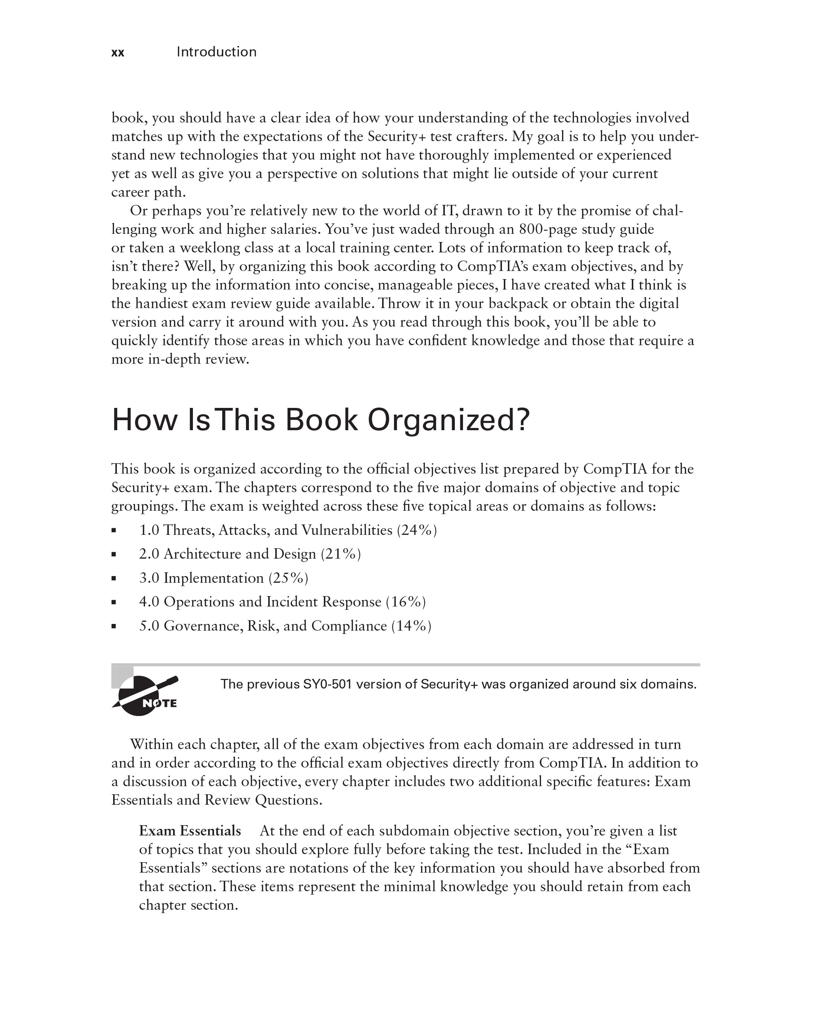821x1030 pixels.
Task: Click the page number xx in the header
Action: point(118,53)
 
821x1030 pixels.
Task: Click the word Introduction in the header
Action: point(216,52)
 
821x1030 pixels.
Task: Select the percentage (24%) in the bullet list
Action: point(417,530)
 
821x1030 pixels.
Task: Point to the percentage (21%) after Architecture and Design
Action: point(341,554)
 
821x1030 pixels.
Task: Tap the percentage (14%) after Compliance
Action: point(411,626)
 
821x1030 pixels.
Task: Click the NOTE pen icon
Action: point(145,695)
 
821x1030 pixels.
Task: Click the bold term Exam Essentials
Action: point(190,831)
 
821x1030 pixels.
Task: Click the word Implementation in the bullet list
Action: point(213,578)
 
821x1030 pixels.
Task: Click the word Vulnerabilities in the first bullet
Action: point(347,530)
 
